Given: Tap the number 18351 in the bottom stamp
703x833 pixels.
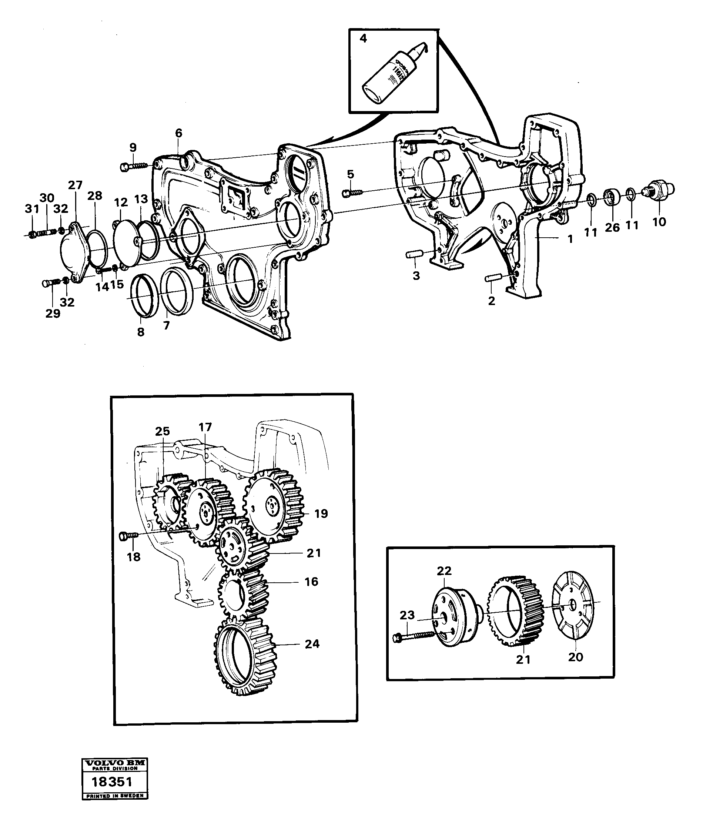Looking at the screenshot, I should tap(112, 782).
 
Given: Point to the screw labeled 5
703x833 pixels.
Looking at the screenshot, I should tap(353, 193).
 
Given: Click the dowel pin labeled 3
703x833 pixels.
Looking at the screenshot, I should tap(415, 254).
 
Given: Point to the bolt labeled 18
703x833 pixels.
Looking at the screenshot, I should tap(128, 536).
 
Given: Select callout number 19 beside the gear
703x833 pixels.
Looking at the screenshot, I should tap(321, 514).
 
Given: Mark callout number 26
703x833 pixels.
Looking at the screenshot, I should tap(612, 227).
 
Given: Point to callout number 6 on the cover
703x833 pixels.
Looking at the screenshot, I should tap(178, 133).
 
